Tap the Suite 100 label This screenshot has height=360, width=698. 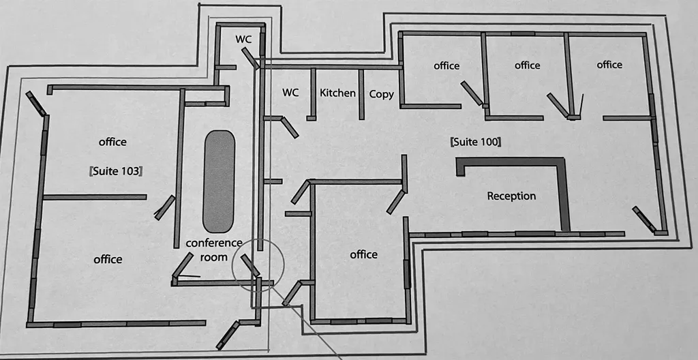tap(476, 142)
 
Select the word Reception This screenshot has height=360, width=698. tap(511, 196)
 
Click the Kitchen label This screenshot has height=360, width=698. tap(338, 93)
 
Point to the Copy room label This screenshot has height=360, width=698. tap(381, 94)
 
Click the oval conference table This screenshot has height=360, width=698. tap(219, 181)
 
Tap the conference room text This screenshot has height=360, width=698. tap(214, 250)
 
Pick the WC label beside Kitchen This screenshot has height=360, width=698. tap(290, 93)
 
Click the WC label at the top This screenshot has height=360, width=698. tap(244, 40)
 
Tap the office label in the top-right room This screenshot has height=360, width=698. tap(609, 65)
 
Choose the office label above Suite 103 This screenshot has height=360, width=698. tap(112, 142)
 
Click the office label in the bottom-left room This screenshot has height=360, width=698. tap(108, 259)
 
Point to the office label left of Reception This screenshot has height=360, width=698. tap(363, 254)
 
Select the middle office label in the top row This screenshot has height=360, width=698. tap(527, 65)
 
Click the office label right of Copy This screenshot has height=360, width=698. tap(446, 66)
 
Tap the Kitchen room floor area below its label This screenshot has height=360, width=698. tap(337, 109)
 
